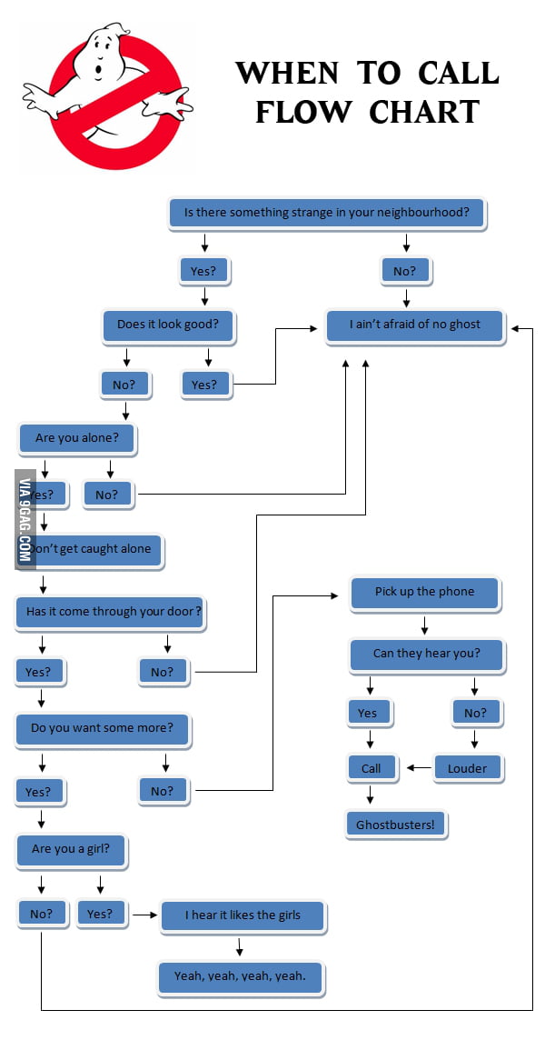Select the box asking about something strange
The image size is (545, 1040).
pyautogui.click(x=327, y=214)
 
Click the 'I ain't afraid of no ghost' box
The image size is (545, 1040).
pyautogui.click(x=415, y=325)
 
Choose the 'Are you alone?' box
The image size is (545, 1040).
pyautogui.click(x=77, y=438)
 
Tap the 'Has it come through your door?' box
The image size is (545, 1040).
pyautogui.click(x=111, y=612)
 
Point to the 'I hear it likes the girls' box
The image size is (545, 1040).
pyautogui.click(x=243, y=915)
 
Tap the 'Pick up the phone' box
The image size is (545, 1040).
pyautogui.click(x=424, y=593)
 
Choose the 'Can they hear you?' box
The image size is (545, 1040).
pyautogui.click(x=425, y=654)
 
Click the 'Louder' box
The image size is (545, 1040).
pyautogui.click(x=467, y=769)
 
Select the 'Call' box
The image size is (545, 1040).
pyautogui.click(x=372, y=769)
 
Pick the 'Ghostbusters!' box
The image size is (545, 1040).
pyautogui.click(x=395, y=825)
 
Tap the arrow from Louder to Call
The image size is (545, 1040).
pyautogui.click(x=418, y=768)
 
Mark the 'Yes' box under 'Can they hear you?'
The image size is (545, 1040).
pyautogui.click(x=369, y=714)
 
